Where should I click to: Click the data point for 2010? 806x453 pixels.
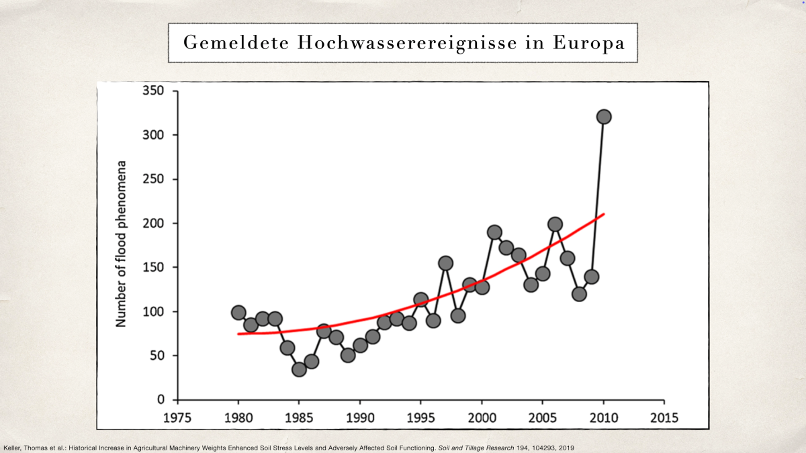click(x=603, y=117)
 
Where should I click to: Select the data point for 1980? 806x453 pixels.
click(x=238, y=313)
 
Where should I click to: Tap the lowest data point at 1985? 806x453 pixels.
click(x=299, y=369)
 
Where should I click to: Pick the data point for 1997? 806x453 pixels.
click(x=445, y=263)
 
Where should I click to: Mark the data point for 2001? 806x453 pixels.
click(x=494, y=232)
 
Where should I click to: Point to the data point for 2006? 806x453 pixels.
click(x=555, y=224)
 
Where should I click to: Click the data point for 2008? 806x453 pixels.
click(x=579, y=294)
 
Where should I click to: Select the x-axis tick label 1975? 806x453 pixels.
click(x=178, y=417)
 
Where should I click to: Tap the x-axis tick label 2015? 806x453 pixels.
click(x=664, y=417)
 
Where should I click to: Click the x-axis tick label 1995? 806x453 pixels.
click(x=421, y=417)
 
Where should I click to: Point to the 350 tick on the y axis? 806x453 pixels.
click(x=154, y=91)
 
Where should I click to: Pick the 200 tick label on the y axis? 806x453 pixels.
click(x=154, y=223)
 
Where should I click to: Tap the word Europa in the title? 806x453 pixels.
click(x=589, y=43)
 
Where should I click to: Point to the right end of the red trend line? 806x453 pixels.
click(x=604, y=214)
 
